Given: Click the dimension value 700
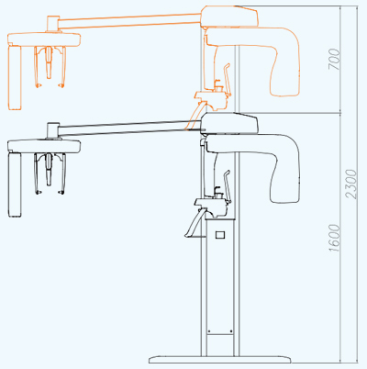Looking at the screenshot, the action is (x=335, y=59).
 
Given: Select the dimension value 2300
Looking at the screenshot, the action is (x=351, y=184).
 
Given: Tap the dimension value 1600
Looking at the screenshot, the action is (x=335, y=239).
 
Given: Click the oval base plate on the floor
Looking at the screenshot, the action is (x=220, y=359).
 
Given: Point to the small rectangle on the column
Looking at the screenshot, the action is (x=220, y=235).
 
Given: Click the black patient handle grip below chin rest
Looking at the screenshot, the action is (x=194, y=223).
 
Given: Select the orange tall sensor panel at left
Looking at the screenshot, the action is (x=15, y=77).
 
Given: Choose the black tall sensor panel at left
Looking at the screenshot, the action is (x=15, y=184).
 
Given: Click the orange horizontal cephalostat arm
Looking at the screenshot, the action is (x=129, y=21).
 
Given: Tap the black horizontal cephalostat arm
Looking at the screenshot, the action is (x=129, y=129).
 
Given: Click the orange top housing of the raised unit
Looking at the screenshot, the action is (x=229, y=17).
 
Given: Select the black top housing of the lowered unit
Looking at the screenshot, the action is (x=229, y=123).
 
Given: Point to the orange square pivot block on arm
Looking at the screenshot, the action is (x=52, y=24).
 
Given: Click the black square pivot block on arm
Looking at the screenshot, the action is (x=52, y=130).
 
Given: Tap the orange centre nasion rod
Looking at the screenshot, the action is (x=49, y=62).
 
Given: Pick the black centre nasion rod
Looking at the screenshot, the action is (x=49, y=170).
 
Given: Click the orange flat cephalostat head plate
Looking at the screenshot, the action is (x=44, y=39).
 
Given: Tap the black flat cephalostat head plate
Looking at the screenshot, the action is (x=44, y=147).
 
